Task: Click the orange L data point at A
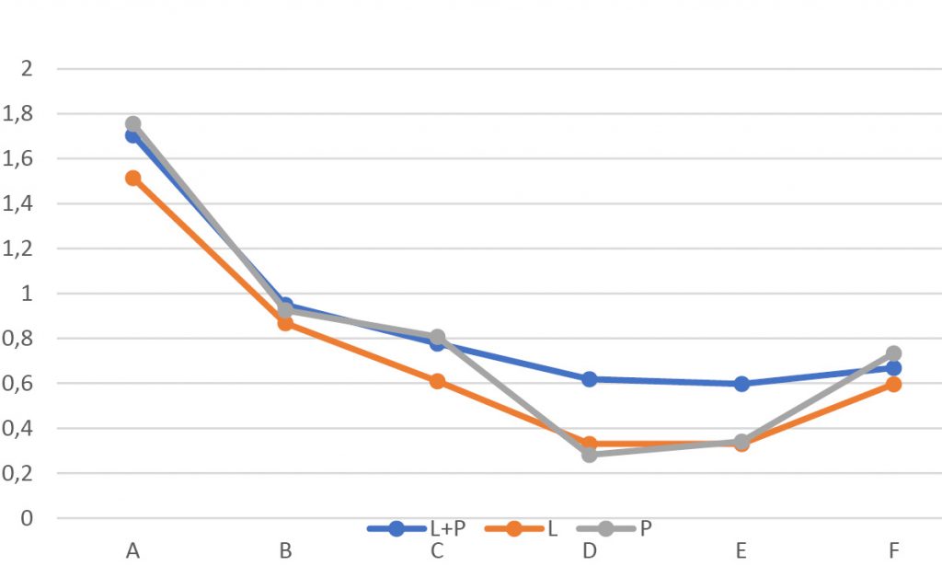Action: [133, 178]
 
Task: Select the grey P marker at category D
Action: [589, 455]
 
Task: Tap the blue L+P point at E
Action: [741, 384]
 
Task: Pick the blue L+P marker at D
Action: [589, 379]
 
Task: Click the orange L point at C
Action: [437, 381]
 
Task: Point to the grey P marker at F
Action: [893, 353]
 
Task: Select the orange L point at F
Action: [893, 385]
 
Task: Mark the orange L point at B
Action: [285, 323]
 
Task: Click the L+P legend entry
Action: [413, 528]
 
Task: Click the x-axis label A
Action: [133, 551]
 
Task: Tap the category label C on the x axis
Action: [437, 551]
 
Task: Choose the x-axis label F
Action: [893, 551]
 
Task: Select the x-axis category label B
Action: [285, 551]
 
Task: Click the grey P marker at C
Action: [437, 337]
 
